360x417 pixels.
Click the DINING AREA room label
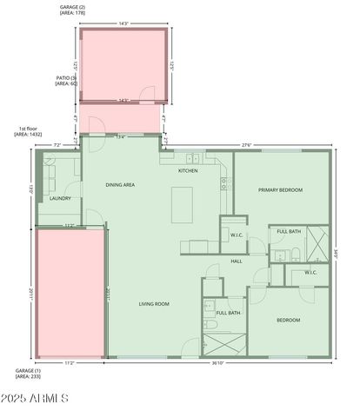[x=120, y=184]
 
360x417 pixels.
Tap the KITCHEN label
[x=188, y=170]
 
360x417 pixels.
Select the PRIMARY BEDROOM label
[x=280, y=189]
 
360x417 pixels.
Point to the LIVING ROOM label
[x=154, y=303]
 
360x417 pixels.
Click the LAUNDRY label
[x=60, y=198]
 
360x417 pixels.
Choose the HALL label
[x=236, y=261]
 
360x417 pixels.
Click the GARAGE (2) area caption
[x=73, y=10]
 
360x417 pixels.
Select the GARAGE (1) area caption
[x=29, y=373]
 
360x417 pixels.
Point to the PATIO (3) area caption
[x=67, y=81]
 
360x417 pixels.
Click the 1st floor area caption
[x=28, y=131]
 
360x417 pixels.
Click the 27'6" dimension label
[x=248, y=144]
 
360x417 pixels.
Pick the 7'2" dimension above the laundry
[x=57, y=144]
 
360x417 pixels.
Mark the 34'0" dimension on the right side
[x=338, y=254]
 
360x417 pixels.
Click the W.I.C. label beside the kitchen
[x=236, y=235]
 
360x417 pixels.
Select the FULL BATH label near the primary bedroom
[x=289, y=231]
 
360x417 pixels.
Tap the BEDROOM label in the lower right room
[x=288, y=320]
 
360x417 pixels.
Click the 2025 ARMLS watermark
[x=37, y=398]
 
